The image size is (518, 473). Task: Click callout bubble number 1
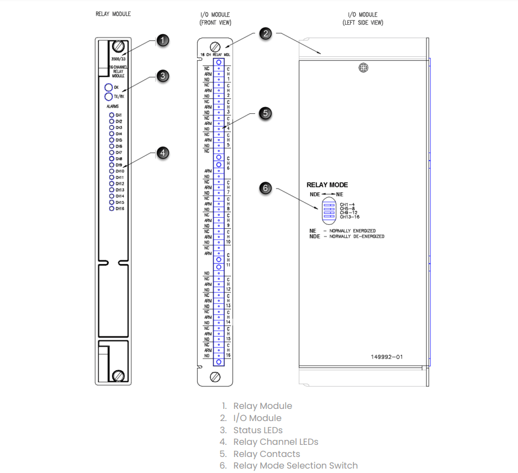(x=162, y=40)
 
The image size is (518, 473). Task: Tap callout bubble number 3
(x=162, y=76)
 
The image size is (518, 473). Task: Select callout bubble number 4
(x=162, y=153)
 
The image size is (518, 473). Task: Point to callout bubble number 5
(x=266, y=113)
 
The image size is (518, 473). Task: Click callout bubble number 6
(x=266, y=188)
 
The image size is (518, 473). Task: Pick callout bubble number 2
(x=266, y=34)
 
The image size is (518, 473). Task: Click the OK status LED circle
(x=109, y=87)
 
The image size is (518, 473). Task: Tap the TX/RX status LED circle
(x=109, y=97)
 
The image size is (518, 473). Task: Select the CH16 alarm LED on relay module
(x=112, y=209)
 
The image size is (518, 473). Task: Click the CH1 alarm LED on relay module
(x=112, y=115)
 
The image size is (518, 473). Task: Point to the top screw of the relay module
(x=118, y=46)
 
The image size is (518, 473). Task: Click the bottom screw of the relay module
(x=118, y=376)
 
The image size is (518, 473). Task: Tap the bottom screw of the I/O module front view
(x=216, y=377)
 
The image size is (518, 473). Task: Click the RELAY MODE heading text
(x=327, y=185)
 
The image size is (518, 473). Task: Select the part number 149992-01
(x=387, y=357)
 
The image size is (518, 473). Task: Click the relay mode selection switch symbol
(x=329, y=211)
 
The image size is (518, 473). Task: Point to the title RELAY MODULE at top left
(x=113, y=14)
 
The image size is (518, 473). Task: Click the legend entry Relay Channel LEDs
(x=276, y=442)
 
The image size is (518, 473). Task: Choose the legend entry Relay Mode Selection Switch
(x=295, y=466)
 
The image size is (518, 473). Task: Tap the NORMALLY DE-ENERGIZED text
(x=357, y=236)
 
